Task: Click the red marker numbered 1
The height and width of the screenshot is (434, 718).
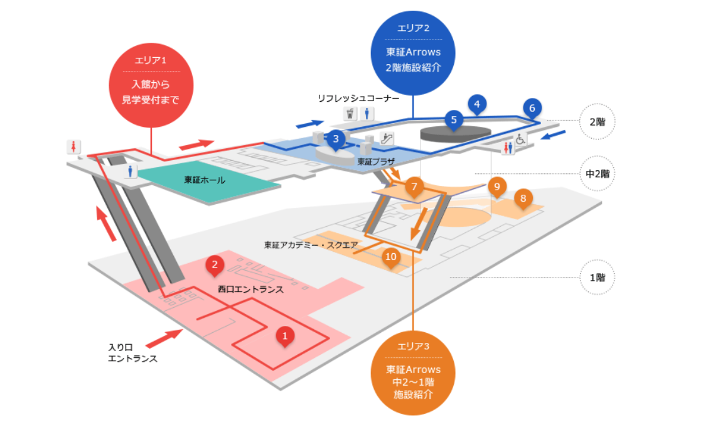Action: [x=285, y=337]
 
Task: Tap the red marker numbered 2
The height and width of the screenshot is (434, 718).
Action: [x=215, y=265]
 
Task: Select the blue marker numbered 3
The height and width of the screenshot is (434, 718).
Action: [x=336, y=139]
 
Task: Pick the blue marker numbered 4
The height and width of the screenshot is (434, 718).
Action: [x=477, y=104]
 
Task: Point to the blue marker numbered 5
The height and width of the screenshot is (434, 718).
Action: [x=454, y=119]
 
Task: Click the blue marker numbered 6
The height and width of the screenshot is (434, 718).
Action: [x=532, y=108]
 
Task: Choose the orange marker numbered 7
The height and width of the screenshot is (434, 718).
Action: [x=414, y=186]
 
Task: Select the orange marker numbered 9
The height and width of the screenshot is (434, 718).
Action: [x=496, y=186]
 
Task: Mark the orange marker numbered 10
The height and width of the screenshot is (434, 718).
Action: [x=391, y=256]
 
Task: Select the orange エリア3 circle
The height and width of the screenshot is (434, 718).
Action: [x=413, y=373]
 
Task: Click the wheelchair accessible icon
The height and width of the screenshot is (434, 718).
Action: [x=521, y=139]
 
